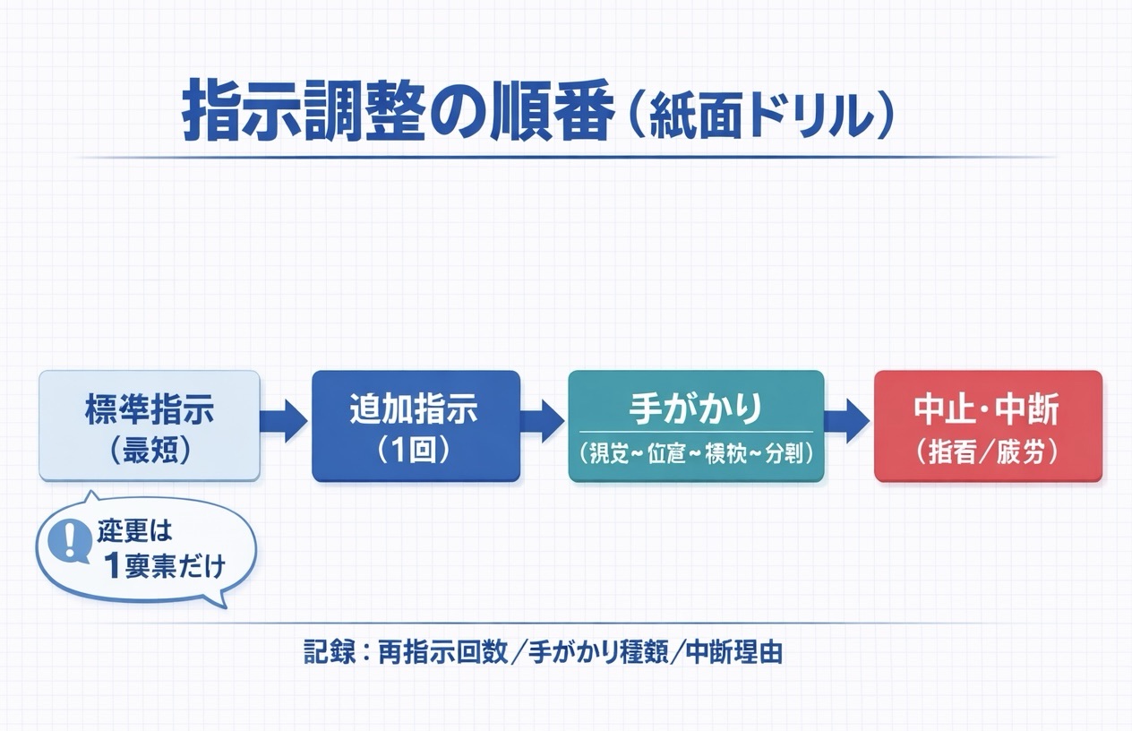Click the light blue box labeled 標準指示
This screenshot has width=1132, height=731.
150,426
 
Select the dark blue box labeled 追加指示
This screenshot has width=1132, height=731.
416,426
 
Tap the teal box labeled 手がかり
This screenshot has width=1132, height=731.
696,426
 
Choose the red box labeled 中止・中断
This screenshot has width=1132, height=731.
987,426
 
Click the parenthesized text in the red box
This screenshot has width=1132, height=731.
986,451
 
